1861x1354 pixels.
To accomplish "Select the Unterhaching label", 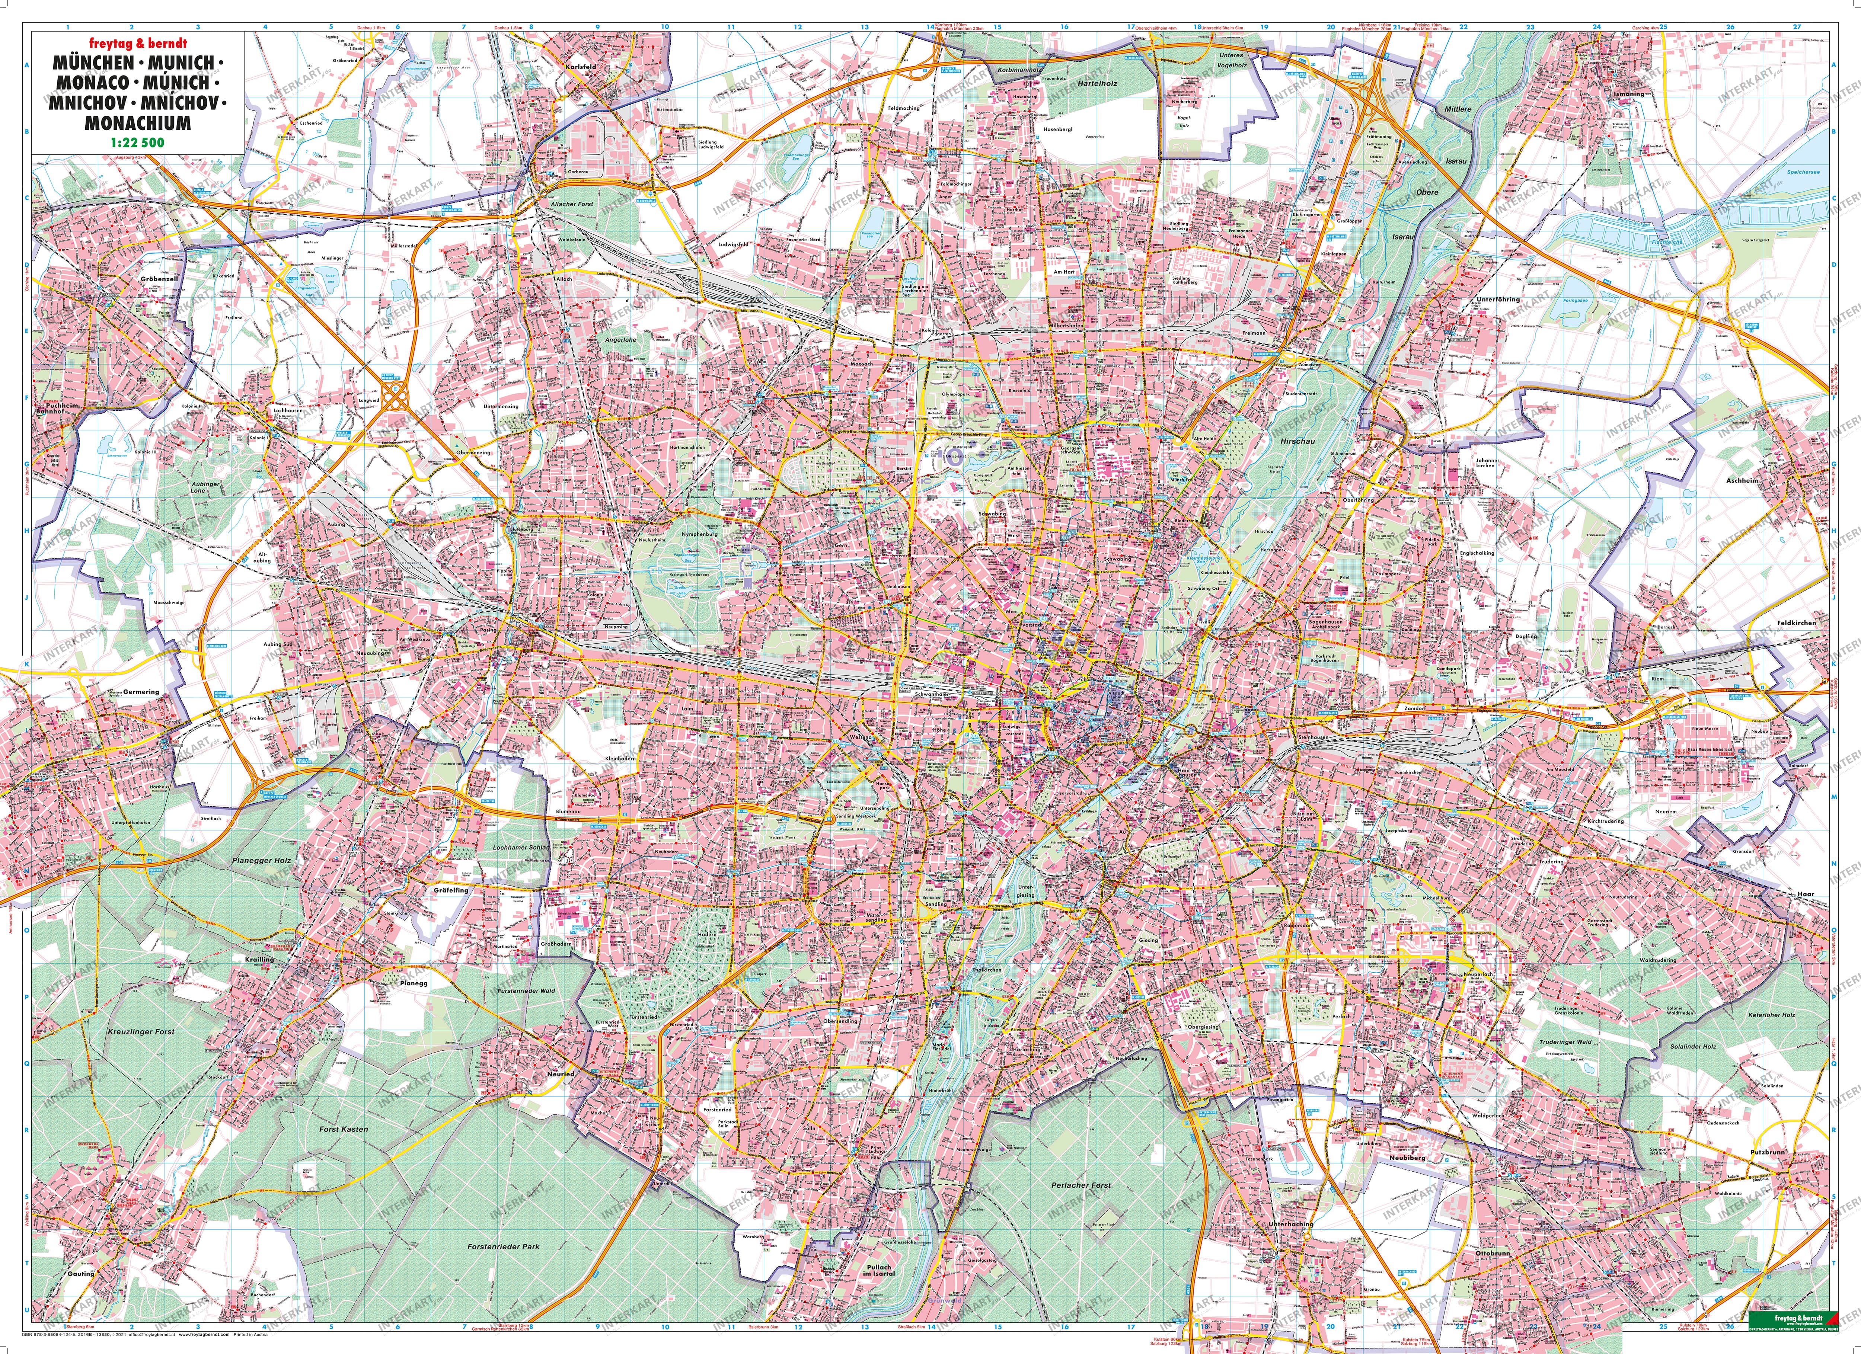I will click(x=1291, y=1224).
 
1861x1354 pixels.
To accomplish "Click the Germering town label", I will click(x=141, y=691).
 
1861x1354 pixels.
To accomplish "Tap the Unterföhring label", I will click(x=1498, y=300).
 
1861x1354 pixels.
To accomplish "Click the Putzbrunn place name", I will click(x=1766, y=1152).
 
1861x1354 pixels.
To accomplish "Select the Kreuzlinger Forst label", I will click(x=141, y=1032).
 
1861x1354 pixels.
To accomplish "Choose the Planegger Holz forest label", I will click(x=262, y=860).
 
